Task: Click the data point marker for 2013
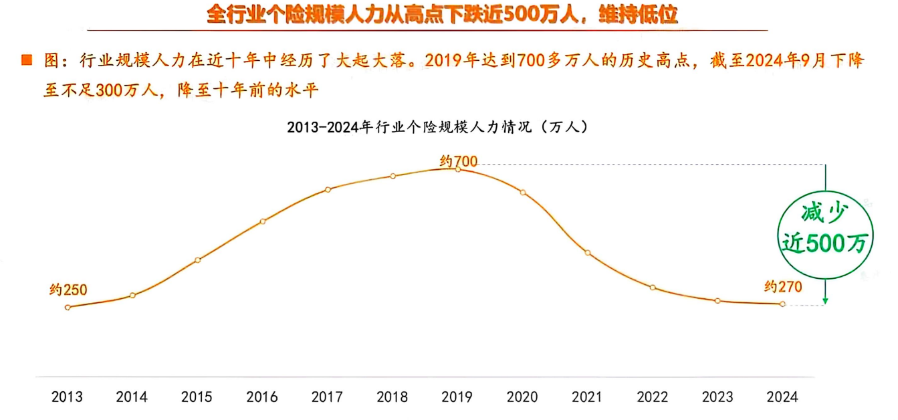68,307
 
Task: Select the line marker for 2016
263,221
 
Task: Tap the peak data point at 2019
458,169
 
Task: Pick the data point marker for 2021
588,253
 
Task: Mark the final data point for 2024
782,304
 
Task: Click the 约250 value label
68,290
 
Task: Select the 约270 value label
783,287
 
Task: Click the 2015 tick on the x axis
197,397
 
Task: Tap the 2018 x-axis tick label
392,397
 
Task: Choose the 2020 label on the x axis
522,397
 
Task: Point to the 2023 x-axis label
717,397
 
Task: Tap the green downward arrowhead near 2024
826,301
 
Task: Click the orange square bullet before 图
27,60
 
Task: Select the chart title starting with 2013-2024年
437,126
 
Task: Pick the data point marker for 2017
328,189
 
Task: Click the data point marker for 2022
653,288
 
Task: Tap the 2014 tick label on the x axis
132,397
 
